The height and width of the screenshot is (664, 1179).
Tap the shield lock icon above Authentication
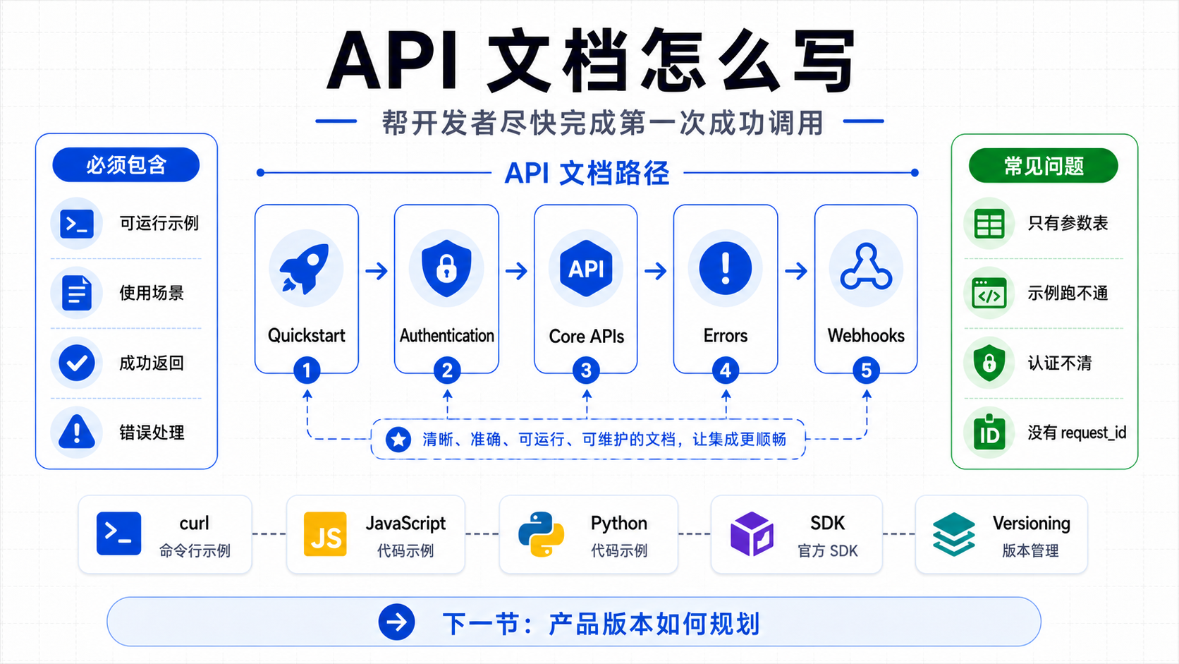[446, 268]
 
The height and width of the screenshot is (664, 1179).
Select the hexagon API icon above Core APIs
[586, 269]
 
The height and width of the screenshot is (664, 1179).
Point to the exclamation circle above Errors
[726, 269]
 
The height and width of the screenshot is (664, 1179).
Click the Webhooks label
[866, 335]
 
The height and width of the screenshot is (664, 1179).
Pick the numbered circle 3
[586, 370]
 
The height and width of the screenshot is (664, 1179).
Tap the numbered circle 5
[866, 370]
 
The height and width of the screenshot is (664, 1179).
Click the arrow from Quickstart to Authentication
[377, 271]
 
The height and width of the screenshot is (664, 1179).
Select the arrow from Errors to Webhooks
[796, 271]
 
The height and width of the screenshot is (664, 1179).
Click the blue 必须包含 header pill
[126, 165]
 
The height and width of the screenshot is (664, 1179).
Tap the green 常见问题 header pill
[1043, 165]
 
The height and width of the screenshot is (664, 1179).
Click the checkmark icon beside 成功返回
[77, 363]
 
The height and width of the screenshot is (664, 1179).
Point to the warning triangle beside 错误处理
[77, 432]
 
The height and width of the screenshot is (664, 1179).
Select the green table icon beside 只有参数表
[989, 224]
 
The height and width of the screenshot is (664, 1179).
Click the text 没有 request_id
[1077, 433]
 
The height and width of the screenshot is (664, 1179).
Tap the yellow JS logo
[325, 534]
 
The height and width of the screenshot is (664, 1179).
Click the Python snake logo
[541, 534]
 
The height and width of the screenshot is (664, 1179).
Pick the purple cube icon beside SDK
[752, 534]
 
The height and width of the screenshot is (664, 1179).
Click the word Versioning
[1032, 524]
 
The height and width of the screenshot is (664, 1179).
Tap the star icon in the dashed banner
[398, 439]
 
